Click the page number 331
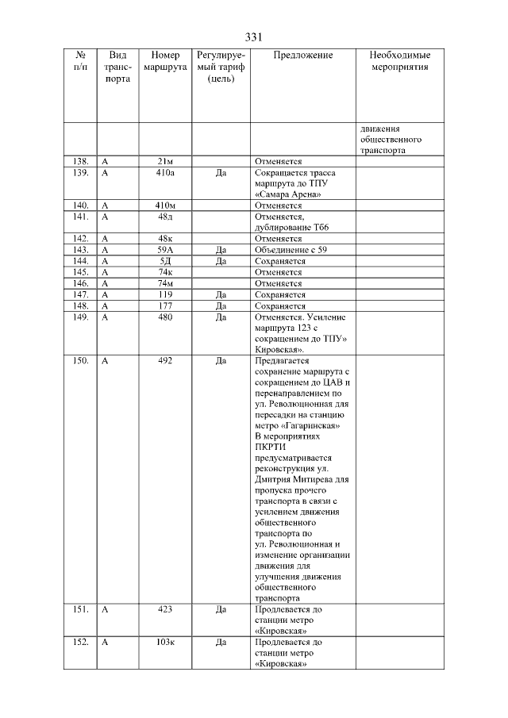coord(253,37)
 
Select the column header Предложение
coord(302,56)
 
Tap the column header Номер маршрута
coord(164,61)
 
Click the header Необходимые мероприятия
coord(400,61)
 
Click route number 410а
coord(164,172)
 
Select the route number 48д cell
coord(164,217)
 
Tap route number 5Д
coord(164,261)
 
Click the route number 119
coord(164,294)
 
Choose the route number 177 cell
coord(164,305)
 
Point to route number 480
coord(164,317)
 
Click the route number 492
coord(164,361)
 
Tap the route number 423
coord(164,610)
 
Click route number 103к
coord(164,642)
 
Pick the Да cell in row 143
coord(221,250)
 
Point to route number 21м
coord(164,161)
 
